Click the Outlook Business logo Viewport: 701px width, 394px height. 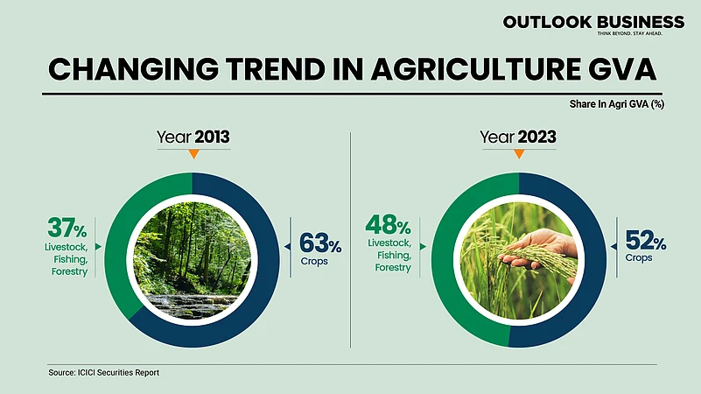(592, 25)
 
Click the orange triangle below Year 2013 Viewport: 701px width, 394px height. (193, 154)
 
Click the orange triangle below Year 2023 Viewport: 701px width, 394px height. (519, 154)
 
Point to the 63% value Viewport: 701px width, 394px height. (319, 241)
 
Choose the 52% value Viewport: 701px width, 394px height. (645, 241)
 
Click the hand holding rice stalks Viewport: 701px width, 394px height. (543, 250)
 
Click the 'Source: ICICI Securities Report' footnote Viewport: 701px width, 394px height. (104, 373)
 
